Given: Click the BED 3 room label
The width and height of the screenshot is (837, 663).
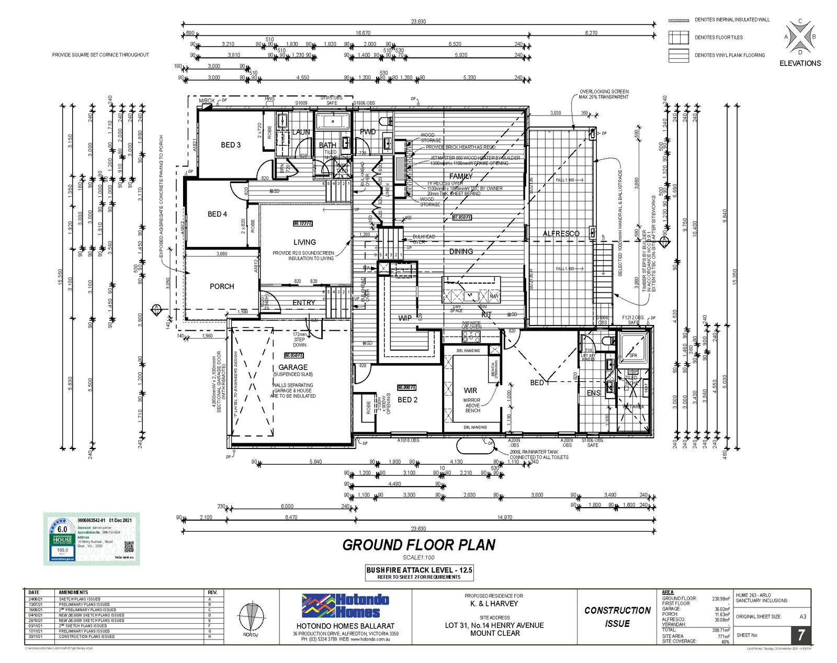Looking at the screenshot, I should pyautogui.click(x=230, y=145).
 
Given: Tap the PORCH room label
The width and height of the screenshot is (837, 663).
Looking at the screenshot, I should pyautogui.click(x=222, y=286).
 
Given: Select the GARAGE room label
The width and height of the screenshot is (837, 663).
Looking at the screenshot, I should pyautogui.click(x=293, y=367).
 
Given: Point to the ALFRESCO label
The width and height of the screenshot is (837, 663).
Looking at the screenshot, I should pyautogui.click(x=561, y=233).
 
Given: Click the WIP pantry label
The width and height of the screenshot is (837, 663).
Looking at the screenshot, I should pyautogui.click(x=405, y=318).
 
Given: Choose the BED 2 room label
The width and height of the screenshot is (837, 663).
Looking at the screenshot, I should pyautogui.click(x=408, y=400).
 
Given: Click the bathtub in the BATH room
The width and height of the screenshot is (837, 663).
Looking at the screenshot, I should pyautogui.click(x=332, y=122).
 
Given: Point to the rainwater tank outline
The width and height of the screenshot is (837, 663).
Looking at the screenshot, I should pyautogui.click(x=474, y=446).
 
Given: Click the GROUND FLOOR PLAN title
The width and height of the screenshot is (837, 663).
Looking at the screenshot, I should pyautogui.click(x=418, y=545).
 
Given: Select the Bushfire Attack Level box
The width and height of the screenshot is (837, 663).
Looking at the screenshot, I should pyautogui.click(x=419, y=572).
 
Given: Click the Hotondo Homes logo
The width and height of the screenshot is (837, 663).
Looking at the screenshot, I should pyautogui.click(x=345, y=606).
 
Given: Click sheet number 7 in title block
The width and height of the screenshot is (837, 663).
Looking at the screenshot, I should pyautogui.click(x=800, y=635).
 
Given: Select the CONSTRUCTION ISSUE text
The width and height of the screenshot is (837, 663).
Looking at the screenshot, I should pyautogui.click(x=617, y=617).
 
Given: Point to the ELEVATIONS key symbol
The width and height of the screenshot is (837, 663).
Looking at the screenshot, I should pyautogui.click(x=800, y=37).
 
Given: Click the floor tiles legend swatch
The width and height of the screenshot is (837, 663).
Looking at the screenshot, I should pyautogui.click(x=678, y=37).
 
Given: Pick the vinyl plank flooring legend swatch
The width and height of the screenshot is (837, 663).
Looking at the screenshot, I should pyautogui.click(x=678, y=55).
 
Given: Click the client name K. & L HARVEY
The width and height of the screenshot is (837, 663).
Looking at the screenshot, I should pyautogui.click(x=494, y=603).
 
